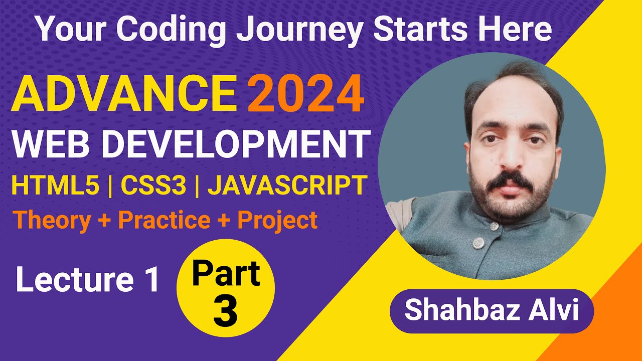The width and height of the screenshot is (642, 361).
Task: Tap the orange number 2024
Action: click(305, 94)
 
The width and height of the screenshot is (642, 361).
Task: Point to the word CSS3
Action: click(152, 185)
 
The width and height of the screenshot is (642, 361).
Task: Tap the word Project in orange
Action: click(277, 220)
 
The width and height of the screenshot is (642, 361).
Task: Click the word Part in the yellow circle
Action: click(226, 273)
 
